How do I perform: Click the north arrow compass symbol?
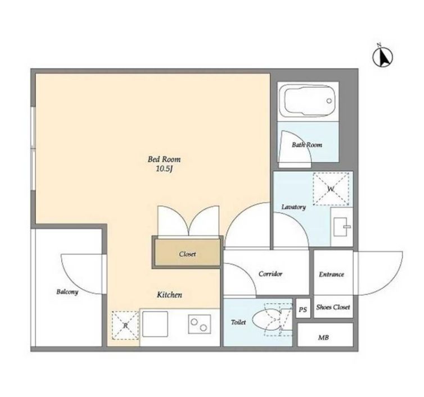click(382, 57)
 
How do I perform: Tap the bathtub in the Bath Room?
click(308, 101)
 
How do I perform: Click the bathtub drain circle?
click(329, 101)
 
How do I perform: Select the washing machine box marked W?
click(331, 189)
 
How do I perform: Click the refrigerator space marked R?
click(125, 325)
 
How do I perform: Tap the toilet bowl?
click(267, 320)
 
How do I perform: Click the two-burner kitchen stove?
click(199, 324)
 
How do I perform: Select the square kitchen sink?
click(155, 324)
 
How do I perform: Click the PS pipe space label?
click(303, 309)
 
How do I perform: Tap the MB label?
click(323, 337)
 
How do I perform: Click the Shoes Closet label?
click(333, 307)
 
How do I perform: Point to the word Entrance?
click(332, 275)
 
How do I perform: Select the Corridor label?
click(270, 274)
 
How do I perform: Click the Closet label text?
click(187, 254)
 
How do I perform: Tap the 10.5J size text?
click(164, 169)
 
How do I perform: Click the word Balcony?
click(67, 292)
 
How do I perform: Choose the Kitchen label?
click(170, 295)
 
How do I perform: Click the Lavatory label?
click(294, 207)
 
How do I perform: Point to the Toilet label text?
click(238, 322)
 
